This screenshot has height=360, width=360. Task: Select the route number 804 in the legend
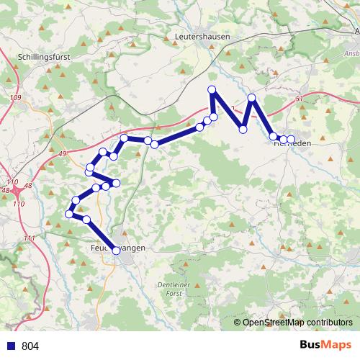pyautogui.click(x=30, y=346)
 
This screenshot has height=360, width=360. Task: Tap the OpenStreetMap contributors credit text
pyautogui.click(x=297, y=323)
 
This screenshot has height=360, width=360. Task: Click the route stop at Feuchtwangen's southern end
pyautogui.click(x=117, y=250)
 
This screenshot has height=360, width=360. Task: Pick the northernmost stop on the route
pyautogui.click(x=212, y=89)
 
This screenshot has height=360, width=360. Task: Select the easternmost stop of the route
pyautogui.click(x=291, y=138)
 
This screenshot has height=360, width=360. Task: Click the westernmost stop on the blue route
pyautogui.click(x=69, y=214)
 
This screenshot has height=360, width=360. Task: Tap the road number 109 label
pyautogui.click(x=16, y=97)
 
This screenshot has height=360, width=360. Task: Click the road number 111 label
pyautogui.click(x=29, y=238)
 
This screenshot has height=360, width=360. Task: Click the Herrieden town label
pyautogui.click(x=294, y=143)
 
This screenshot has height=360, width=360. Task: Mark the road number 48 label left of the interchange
pyautogui.click(x=6, y=191)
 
